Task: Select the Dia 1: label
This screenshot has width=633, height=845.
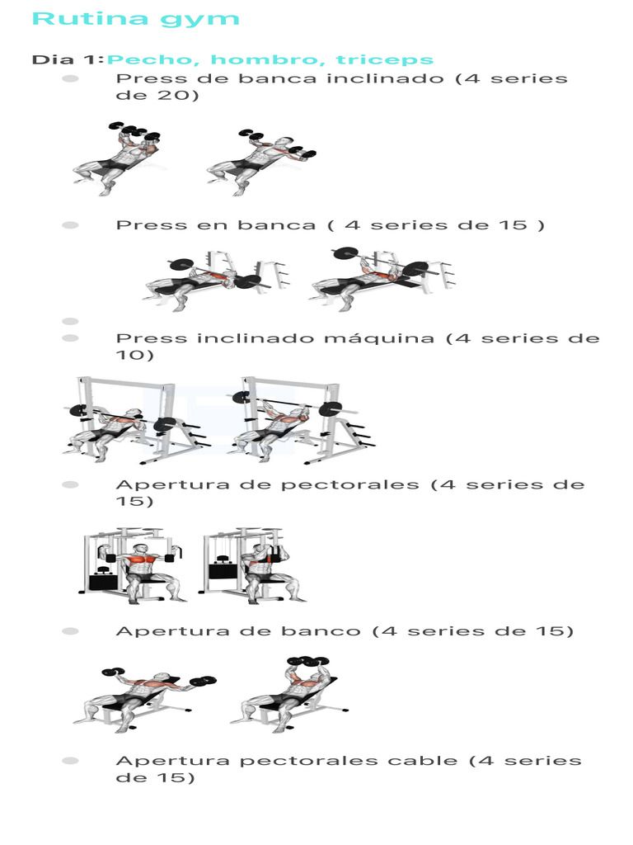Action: point(67,59)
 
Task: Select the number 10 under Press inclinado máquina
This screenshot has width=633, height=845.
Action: point(134,355)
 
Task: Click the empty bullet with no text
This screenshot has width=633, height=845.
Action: point(70,321)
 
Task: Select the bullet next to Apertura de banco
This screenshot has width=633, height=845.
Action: point(70,631)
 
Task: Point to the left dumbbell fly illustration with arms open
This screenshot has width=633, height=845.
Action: point(144,697)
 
